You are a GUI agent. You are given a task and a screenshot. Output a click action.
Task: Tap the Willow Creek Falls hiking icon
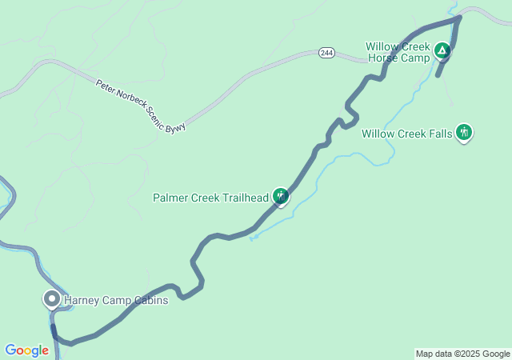tap(464, 132)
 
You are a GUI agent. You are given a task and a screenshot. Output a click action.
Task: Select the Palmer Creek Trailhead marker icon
tap(280, 195)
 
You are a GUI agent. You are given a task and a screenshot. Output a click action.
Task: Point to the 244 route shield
tap(326, 53)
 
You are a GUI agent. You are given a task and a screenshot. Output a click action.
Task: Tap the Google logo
tap(26, 350)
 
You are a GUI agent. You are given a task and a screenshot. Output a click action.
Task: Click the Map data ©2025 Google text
tap(462, 354)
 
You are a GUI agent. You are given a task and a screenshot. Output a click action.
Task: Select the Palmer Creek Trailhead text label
tap(211, 198)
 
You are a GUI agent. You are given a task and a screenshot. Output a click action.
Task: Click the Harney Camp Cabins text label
tap(117, 301)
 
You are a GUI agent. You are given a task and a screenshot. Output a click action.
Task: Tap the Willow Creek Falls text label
tap(406, 134)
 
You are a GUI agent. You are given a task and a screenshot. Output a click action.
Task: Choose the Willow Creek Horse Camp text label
tap(398, 53)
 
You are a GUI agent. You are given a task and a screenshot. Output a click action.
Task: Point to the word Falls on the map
tap(438, 134)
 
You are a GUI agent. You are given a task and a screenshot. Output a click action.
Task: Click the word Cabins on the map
tap(152, 301)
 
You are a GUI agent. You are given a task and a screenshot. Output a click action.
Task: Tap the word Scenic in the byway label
tap(157, 118)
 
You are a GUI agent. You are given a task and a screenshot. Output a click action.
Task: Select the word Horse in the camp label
tap(382, 58)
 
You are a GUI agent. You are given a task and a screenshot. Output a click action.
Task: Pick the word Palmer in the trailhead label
tap(170, 198)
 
